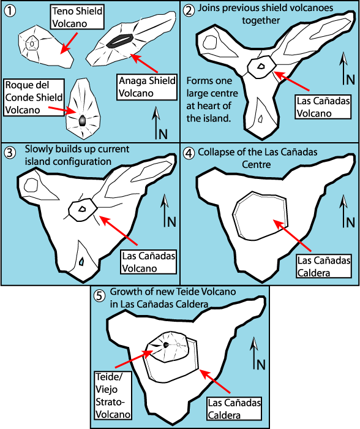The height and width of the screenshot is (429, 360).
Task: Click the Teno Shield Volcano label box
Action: [77, 17]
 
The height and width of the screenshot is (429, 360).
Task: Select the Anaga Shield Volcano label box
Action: [147, 87]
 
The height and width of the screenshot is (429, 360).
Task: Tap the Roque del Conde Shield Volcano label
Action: [34, 97]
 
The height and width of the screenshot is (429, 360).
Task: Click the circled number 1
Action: [10, 11]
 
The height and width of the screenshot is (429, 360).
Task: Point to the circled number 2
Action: [189, 11]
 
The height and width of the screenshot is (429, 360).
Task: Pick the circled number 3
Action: [10, 153]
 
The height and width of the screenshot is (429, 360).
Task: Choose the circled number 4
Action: [189, 153]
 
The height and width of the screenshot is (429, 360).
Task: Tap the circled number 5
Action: [99, 296]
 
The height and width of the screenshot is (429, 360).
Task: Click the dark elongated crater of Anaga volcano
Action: [120, 41]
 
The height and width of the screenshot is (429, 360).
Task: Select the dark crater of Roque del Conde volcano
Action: [82, 121]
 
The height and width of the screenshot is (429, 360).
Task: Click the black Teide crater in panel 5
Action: [166, 345]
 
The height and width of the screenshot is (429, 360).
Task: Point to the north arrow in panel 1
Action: [156, 123]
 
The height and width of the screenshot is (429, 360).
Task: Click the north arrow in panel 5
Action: [255, 353]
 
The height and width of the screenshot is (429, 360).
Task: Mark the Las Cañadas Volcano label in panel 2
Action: [323, 107]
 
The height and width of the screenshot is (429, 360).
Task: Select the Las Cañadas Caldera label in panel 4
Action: [324, 267]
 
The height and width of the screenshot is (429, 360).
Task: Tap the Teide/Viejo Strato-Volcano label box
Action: [113, 395]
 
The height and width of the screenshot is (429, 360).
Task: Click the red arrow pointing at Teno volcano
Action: [69, 44]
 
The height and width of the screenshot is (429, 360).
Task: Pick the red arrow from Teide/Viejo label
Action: [134, 359]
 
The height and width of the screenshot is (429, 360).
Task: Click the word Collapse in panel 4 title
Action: [216, 153]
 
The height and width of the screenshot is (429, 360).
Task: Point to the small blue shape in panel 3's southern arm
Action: [81, 262]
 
